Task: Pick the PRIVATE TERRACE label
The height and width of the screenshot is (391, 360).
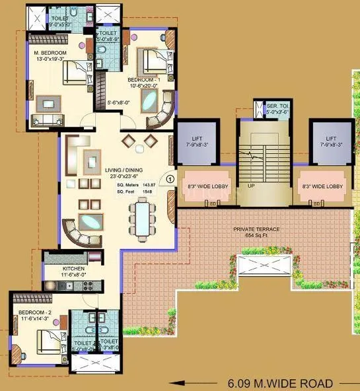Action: [256, 229]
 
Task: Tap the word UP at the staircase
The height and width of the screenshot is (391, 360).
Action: [251, 187]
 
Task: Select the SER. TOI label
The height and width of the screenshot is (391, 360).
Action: [276, 106]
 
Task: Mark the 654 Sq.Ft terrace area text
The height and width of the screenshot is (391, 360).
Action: [256, 235]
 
